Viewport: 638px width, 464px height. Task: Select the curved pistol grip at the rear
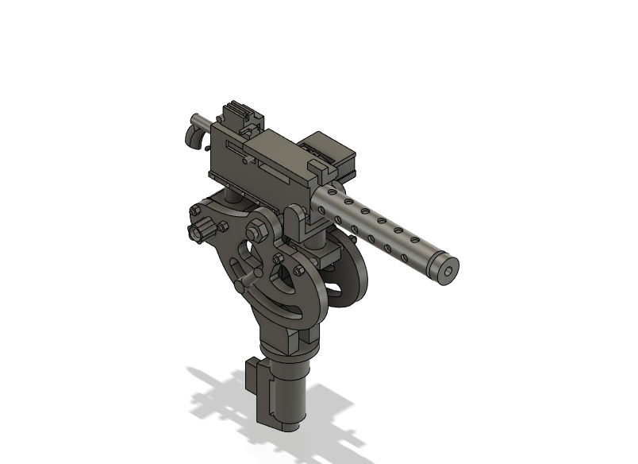click(x=192, y=135)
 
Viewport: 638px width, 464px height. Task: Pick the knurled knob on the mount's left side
click(x=198, y=231)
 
